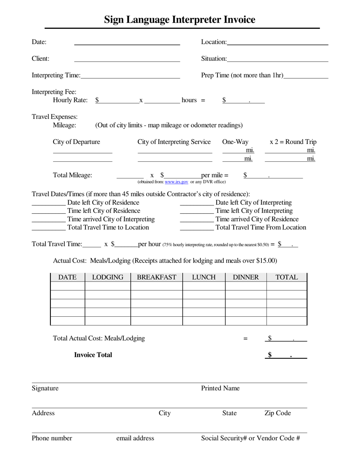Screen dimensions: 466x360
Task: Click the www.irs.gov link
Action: pos(177,182)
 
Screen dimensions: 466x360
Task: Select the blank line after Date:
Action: pos(127,42)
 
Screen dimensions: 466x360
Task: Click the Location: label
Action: pos(214,42)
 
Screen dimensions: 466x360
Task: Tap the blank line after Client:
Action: pos(127,59)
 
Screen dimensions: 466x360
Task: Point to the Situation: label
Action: pos(214,59)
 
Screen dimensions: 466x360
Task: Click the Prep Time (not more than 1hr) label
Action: pos(242,75)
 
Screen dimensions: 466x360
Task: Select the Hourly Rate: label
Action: pos(70,100)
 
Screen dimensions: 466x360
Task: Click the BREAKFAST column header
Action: pos(157,277)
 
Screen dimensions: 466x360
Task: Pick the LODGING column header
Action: pos(108,277)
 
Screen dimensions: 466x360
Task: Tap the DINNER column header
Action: pos(246,277)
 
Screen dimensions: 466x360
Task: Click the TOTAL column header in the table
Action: pos(286,277)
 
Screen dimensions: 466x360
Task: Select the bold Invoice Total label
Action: pos(93,355)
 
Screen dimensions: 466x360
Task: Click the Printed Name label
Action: pos(220,388)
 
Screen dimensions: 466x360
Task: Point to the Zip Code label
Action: pos(277,413)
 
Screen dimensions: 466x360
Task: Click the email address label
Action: pos(135,438)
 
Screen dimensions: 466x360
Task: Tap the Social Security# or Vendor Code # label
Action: pos(250,438)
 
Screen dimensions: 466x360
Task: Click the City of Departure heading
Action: pos(76,142)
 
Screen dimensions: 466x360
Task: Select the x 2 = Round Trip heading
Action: pos(293,142)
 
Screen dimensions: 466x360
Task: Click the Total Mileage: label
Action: pos(72,175)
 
